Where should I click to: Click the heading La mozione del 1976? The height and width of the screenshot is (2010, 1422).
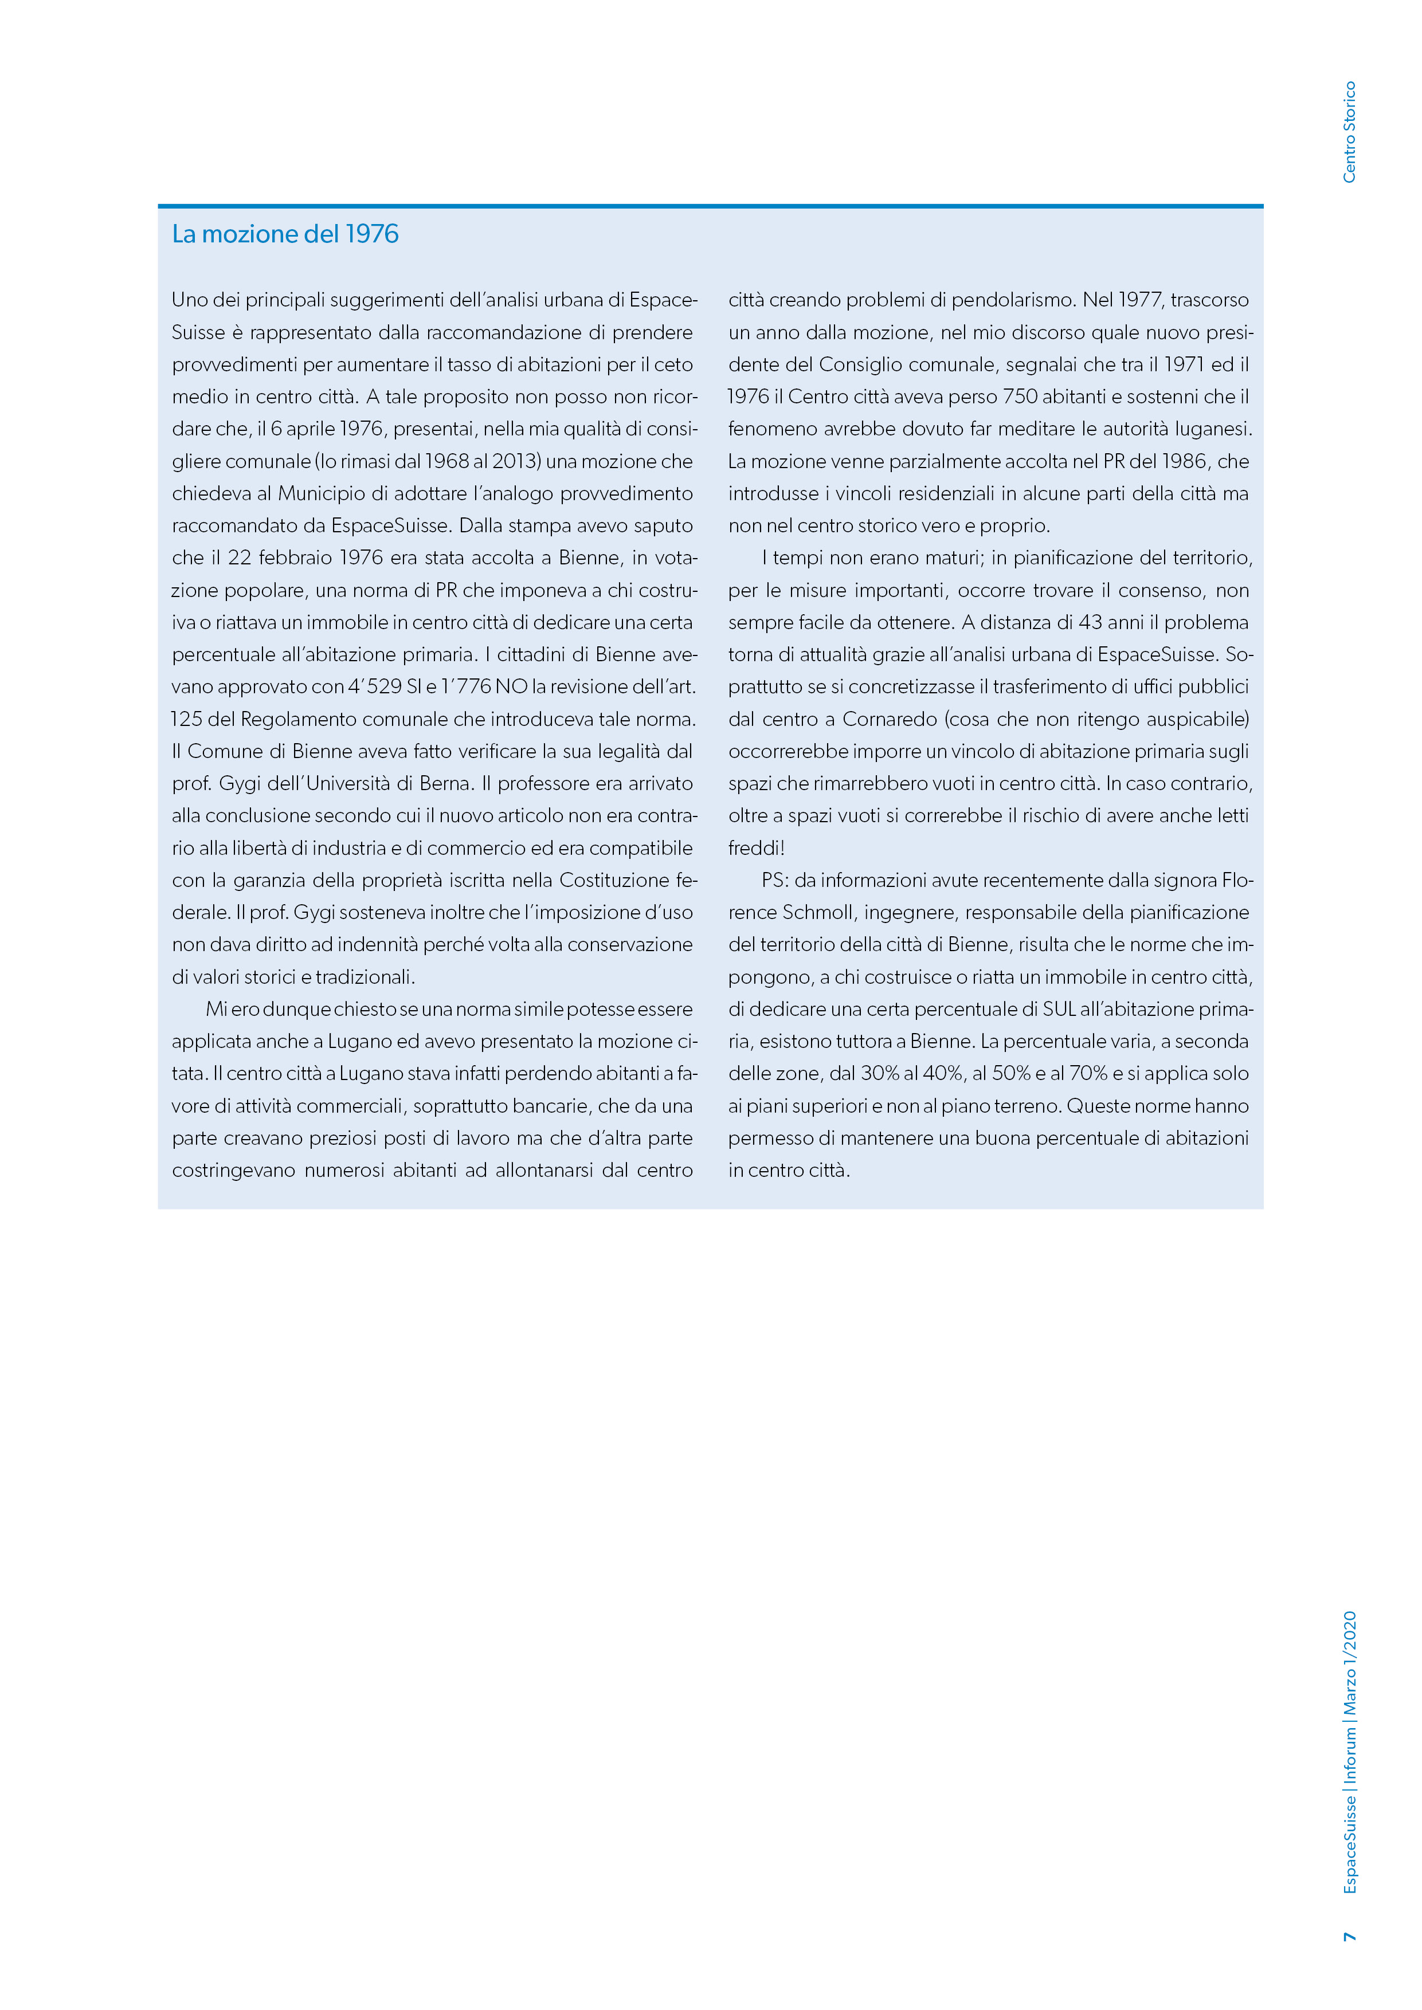click(285, 234)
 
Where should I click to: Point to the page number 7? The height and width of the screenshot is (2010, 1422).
click(1349, 1937)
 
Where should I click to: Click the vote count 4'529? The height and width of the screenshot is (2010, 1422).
click(375, 687)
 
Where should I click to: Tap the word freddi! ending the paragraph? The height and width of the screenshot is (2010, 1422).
click(757, 849)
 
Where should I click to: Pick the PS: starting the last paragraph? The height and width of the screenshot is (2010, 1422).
click(776, 881)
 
